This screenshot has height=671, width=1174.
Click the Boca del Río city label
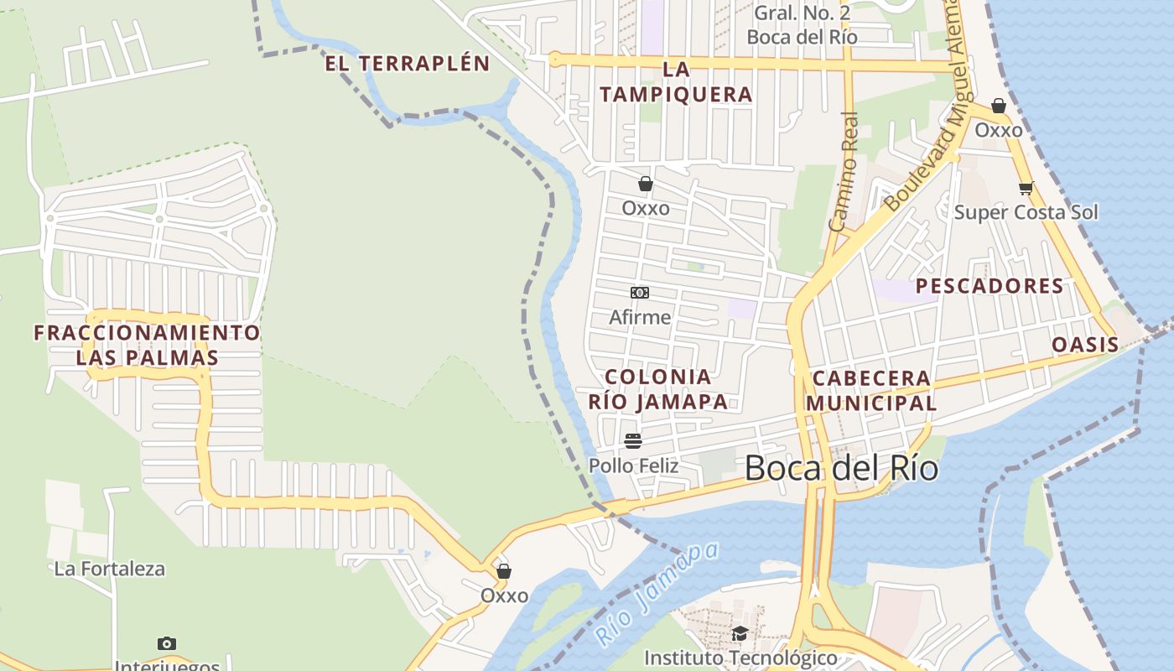(841, 468)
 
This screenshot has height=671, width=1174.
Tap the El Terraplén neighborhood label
(407, 64)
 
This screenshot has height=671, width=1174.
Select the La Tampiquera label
(676, 82)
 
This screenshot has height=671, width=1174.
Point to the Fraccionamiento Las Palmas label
(147, 345)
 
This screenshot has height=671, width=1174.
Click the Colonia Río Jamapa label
(657, 389)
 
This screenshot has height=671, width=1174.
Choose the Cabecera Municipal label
(871, 390)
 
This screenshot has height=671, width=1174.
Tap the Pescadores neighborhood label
(990, 286)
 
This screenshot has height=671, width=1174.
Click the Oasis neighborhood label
(1085, 345)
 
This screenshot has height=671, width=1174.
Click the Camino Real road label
(844, 172)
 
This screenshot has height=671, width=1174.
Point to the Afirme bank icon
(640, 293)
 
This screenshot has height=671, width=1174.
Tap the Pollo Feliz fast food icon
(633, 441)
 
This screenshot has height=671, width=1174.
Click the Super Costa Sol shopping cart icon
(1026, 189)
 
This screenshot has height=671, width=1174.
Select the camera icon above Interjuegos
(167, 643)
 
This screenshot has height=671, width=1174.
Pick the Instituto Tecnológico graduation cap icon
(740, 633)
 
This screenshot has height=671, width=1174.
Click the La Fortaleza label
(109, 569)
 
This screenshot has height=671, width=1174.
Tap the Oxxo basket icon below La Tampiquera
(645, 184)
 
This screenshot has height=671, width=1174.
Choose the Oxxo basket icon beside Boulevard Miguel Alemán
(998, 106)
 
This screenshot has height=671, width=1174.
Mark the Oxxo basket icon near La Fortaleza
(504, 571)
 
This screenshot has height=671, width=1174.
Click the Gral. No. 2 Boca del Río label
(802, 25)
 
